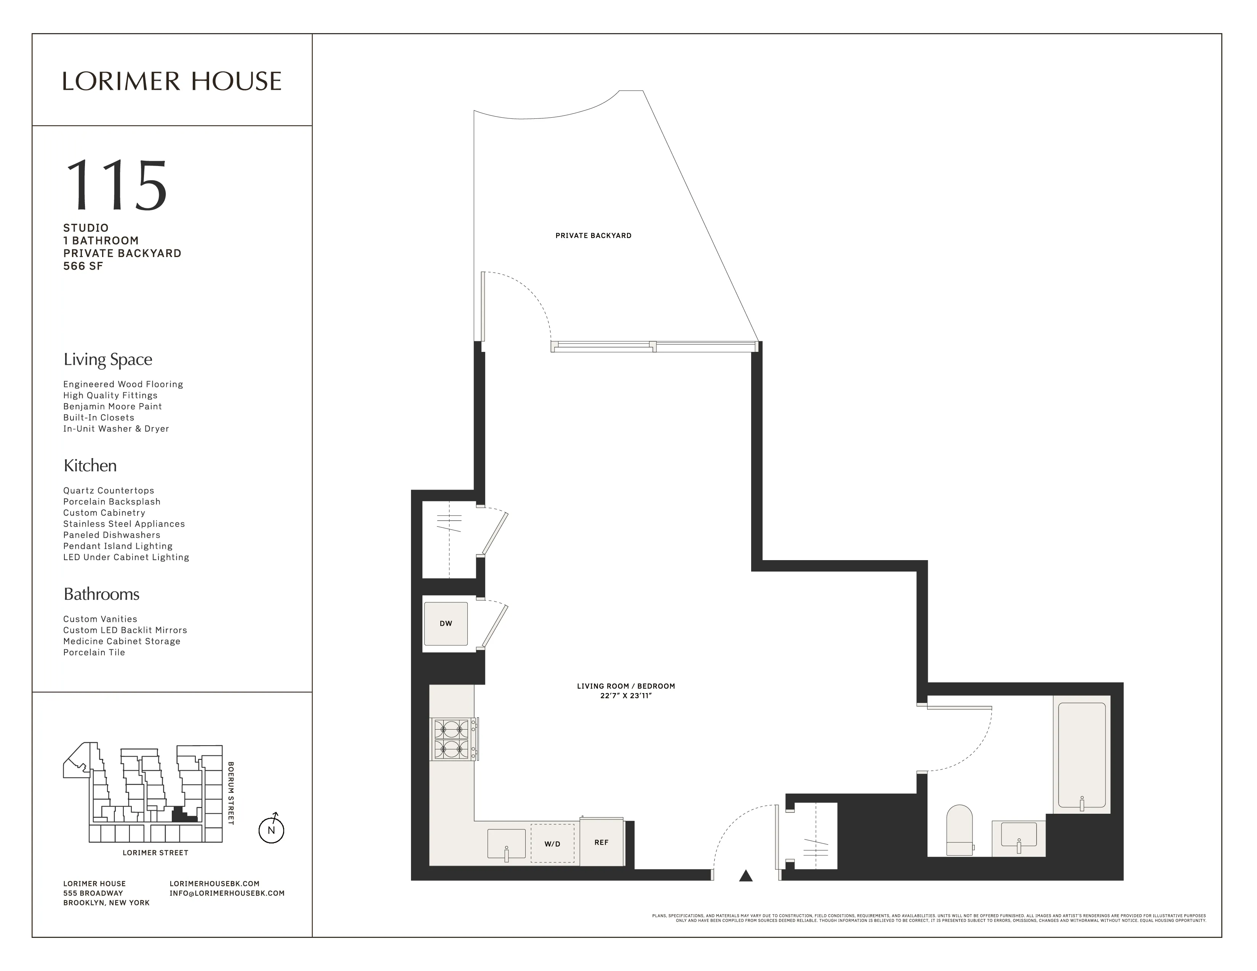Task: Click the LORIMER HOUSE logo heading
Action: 171,81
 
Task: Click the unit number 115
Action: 117,185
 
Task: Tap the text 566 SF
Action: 83,266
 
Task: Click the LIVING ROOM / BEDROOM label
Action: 625,686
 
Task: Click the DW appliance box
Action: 446,624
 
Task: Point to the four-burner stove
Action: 453,739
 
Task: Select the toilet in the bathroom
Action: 960,830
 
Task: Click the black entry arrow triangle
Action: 746,876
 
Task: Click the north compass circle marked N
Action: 271,830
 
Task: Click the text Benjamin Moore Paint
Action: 112,406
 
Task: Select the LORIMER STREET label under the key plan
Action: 155,853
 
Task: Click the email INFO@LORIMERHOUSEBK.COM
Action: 227,893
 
